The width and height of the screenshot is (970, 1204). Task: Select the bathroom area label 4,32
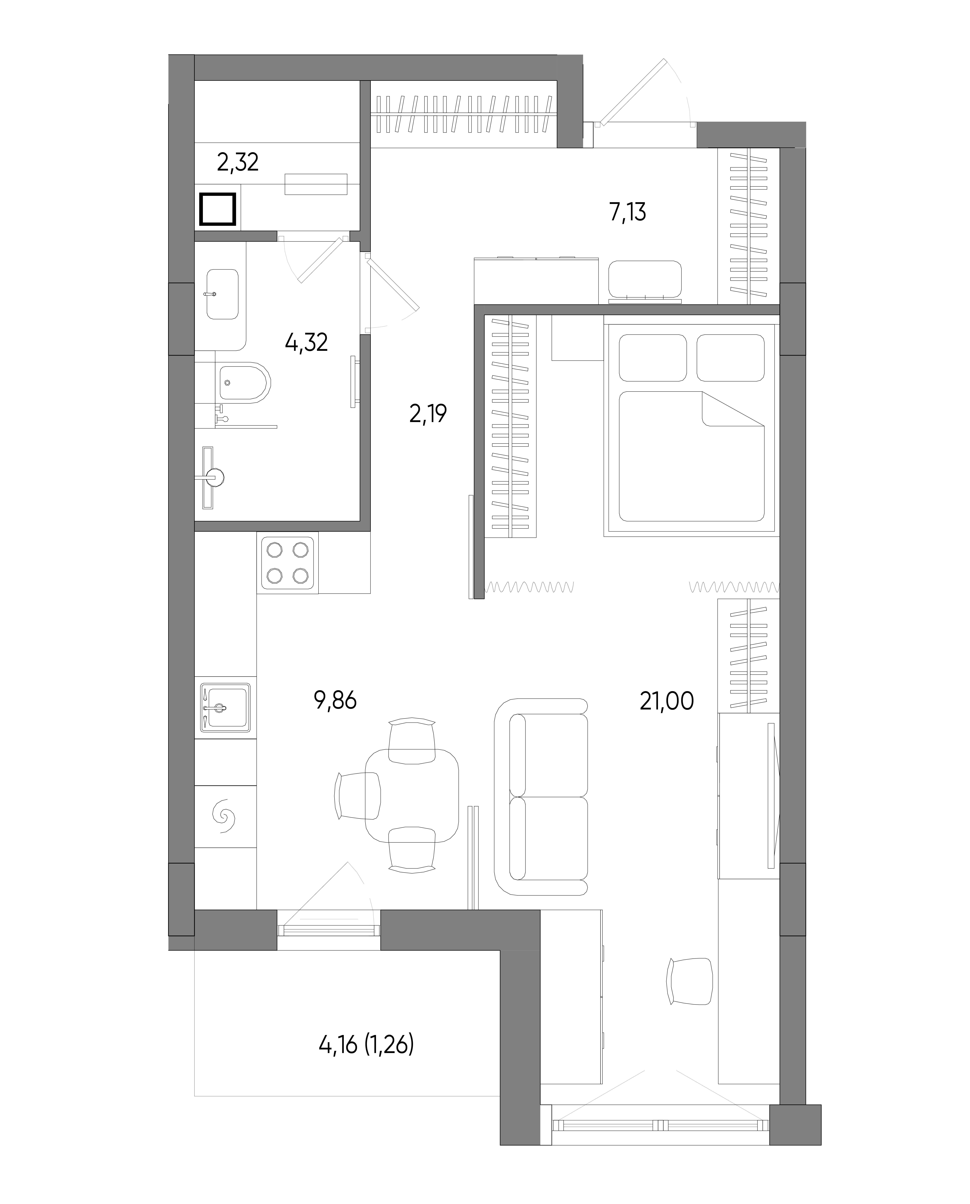pos(306,342)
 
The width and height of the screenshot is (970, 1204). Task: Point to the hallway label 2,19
pos(428,414)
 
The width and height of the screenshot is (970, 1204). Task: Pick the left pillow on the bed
pos(653,358)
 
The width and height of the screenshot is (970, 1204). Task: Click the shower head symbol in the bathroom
pos(215,477)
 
